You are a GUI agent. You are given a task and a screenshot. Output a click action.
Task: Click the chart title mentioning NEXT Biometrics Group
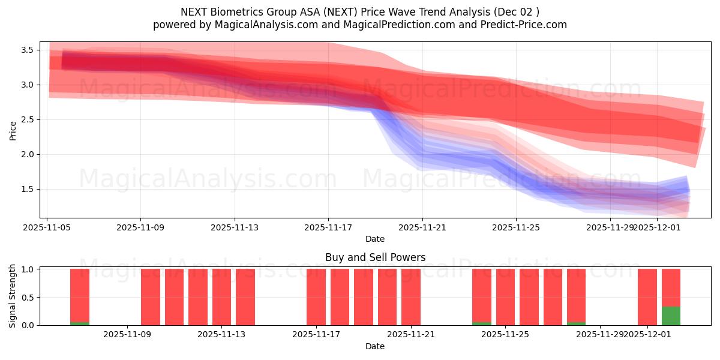point(359,12)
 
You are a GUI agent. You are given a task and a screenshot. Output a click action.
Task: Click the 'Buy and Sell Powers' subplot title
point(375,257)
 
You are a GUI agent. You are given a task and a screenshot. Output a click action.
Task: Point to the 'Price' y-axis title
point(13,130)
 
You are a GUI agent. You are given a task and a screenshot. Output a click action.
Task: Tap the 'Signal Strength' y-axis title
point(13,296)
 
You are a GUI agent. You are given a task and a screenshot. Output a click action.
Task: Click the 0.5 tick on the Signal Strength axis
point(28,297)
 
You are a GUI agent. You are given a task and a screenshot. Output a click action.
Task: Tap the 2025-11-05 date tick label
point(47,227)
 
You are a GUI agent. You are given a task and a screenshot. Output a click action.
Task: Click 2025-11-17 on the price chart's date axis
point(328,227)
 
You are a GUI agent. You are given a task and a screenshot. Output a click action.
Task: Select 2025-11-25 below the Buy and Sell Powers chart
point(506,334)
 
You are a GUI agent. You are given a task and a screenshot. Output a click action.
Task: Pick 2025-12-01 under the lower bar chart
point(647,334)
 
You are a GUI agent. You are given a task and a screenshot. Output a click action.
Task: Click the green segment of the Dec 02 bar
point(671,316)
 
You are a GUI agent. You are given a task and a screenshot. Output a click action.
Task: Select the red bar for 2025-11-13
point(221,297)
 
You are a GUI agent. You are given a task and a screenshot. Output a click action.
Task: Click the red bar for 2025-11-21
point(411,297)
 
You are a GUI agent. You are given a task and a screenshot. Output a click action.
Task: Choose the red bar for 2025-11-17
point(316,297)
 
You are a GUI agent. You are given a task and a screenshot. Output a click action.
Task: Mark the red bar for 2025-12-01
point(647,297)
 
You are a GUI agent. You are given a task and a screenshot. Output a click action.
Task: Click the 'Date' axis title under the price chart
point(375,239)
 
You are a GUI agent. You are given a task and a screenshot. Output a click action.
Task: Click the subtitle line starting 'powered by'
point(359,25)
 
